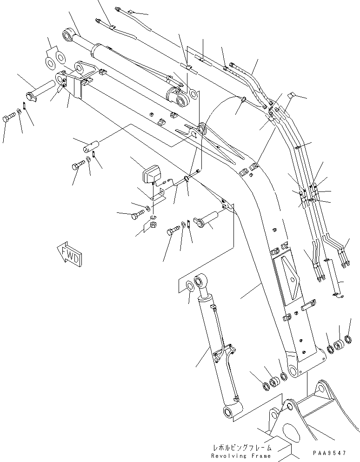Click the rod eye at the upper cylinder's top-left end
(x=69, y=34)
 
